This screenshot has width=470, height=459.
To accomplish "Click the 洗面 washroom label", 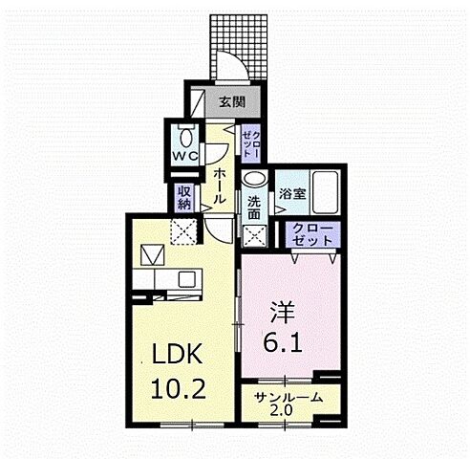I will click(x=254, y=208).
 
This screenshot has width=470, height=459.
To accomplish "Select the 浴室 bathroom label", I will click(x=292, y=193).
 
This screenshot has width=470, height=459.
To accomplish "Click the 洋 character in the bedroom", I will click(x=282, y=313).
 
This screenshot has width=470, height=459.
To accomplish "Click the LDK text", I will click(x=179, y=356).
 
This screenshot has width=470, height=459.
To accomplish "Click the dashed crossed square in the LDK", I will click(x=182, y=230).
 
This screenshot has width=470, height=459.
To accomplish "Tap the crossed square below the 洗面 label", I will click(x=255, y=237).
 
